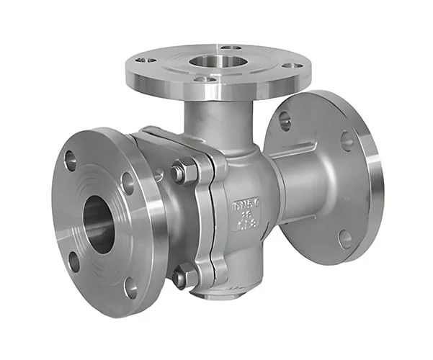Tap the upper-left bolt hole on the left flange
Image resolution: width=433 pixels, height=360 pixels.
pos(70,161)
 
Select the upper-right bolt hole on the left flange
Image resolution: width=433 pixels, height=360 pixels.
pos(128,183)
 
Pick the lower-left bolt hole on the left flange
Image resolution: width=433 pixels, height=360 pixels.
pos(73,261)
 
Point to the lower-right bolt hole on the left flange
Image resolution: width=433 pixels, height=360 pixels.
pos(130,287)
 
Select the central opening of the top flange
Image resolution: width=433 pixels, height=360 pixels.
pos(217,61)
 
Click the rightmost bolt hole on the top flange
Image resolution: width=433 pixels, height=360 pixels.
pos(293,66)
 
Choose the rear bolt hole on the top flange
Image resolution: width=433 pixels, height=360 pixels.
pos(231,48)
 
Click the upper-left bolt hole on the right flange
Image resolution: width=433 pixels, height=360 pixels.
pos(285,120)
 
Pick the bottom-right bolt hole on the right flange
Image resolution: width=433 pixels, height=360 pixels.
pos(345,238)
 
